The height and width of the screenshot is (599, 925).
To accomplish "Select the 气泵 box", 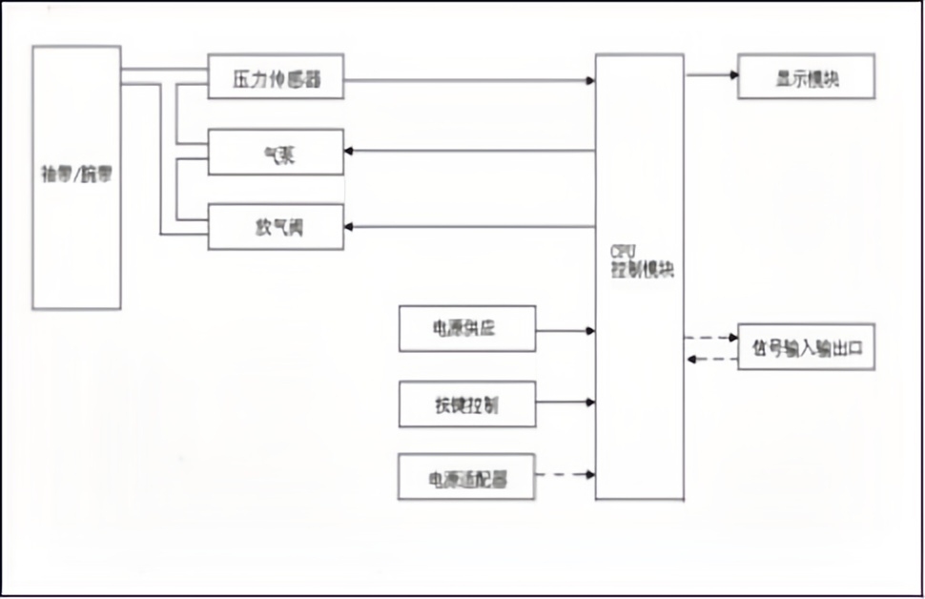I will [x=276, y=152].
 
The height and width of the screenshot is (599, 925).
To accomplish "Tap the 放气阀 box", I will [x=276, y=227].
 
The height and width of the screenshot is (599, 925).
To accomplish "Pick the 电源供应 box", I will [x=467, y=330].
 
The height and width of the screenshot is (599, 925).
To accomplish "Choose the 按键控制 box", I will [x=467, y=403].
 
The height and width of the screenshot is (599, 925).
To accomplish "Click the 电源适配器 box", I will [x=466, y=476].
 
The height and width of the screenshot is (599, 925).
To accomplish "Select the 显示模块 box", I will [x=806, y=76].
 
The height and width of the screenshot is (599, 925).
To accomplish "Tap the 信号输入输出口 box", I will [x=806, y=348].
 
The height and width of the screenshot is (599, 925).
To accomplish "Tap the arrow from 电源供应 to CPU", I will [x=565, y=331].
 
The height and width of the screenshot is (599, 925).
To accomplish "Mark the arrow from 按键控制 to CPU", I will [x=565, y=403].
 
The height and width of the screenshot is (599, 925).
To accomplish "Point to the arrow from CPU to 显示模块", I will [x=711, y=74].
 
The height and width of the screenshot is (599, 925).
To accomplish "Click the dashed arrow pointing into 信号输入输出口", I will [x=711, y=338].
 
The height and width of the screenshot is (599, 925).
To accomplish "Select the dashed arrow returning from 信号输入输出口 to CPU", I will [x=711, y=359].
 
